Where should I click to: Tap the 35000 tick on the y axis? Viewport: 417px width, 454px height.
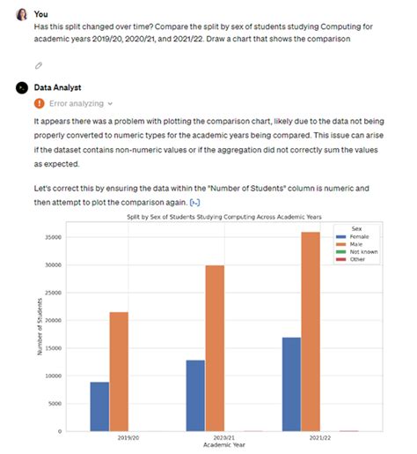[x=55, y=236]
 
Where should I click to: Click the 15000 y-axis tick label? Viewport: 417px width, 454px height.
[x=55, y=347]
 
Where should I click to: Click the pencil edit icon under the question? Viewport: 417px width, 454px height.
[x=39, y=65]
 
